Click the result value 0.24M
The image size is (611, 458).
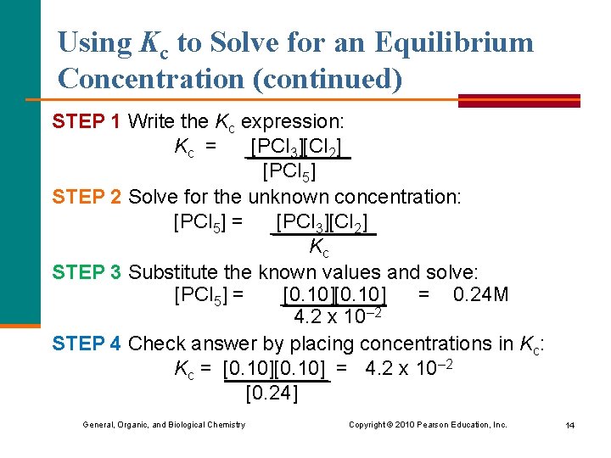481,295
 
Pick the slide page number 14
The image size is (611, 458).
569,425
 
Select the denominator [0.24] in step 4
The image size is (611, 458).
272,394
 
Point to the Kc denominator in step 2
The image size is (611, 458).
319,248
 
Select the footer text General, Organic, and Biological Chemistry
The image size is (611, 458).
163,425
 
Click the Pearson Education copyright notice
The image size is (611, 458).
428,425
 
